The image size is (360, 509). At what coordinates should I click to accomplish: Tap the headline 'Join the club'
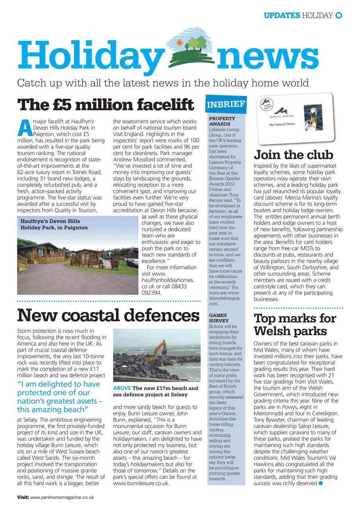[294, 155]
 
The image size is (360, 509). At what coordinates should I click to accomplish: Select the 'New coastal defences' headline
[108, 315]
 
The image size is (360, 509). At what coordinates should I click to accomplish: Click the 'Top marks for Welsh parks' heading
[295, 324]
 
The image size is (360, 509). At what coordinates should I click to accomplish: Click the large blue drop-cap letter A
[24, 127]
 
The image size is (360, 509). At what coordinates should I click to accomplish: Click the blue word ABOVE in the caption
[122, 388]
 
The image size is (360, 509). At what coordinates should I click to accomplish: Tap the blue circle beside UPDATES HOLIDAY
[339, 16]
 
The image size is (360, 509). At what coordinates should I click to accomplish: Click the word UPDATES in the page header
[282, 16]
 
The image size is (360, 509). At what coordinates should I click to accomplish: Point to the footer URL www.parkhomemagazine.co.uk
[62, 497]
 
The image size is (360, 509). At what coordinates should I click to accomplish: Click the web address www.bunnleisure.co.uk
[141, 484]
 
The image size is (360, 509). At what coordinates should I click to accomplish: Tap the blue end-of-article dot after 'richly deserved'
[321, 483]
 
